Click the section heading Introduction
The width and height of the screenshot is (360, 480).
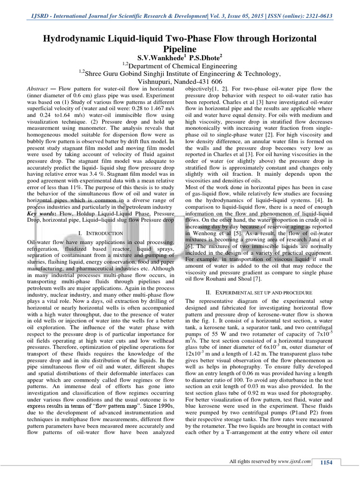pyautogui.click(x=101, y=233)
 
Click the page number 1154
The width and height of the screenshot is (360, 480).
pyautogui.click(x=326, y=463)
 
